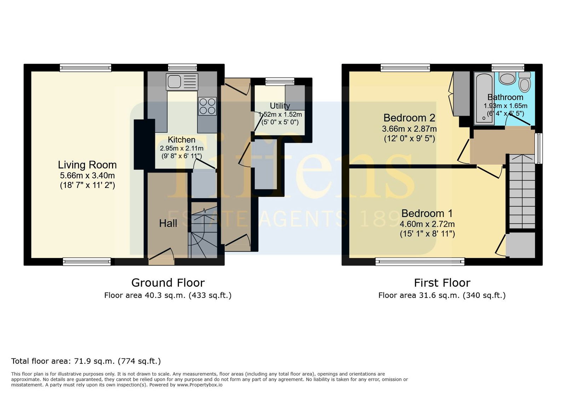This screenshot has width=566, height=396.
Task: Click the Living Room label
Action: pos(87,165)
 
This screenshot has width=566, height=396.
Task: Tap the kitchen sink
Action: pos(182,82)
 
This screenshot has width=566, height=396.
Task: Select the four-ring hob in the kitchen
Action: pos(207,106)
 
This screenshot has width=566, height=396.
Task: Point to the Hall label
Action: pos(168,223)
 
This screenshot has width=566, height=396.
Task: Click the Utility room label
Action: pos(280,105)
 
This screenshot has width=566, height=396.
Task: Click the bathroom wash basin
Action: pos(507,79)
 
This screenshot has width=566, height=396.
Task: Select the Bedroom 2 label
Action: pos(409,118)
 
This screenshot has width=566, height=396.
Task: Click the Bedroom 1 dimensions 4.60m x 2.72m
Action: pos(427,224)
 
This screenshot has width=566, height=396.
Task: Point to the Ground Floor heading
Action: pos(168,282)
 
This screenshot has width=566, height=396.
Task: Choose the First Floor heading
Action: pos(442,282)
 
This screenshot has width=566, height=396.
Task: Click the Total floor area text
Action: pos(86,361)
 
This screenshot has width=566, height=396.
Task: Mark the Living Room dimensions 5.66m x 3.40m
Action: pos(87,175)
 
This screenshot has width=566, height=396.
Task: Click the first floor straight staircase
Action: pos(522,191)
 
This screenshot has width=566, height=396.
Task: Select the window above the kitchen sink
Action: pos(183,68)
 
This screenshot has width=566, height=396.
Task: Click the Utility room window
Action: pos(280,81)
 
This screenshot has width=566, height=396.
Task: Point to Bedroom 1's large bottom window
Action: pos(420,262)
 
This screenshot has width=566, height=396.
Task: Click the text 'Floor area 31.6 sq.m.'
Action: pos(419,295)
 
